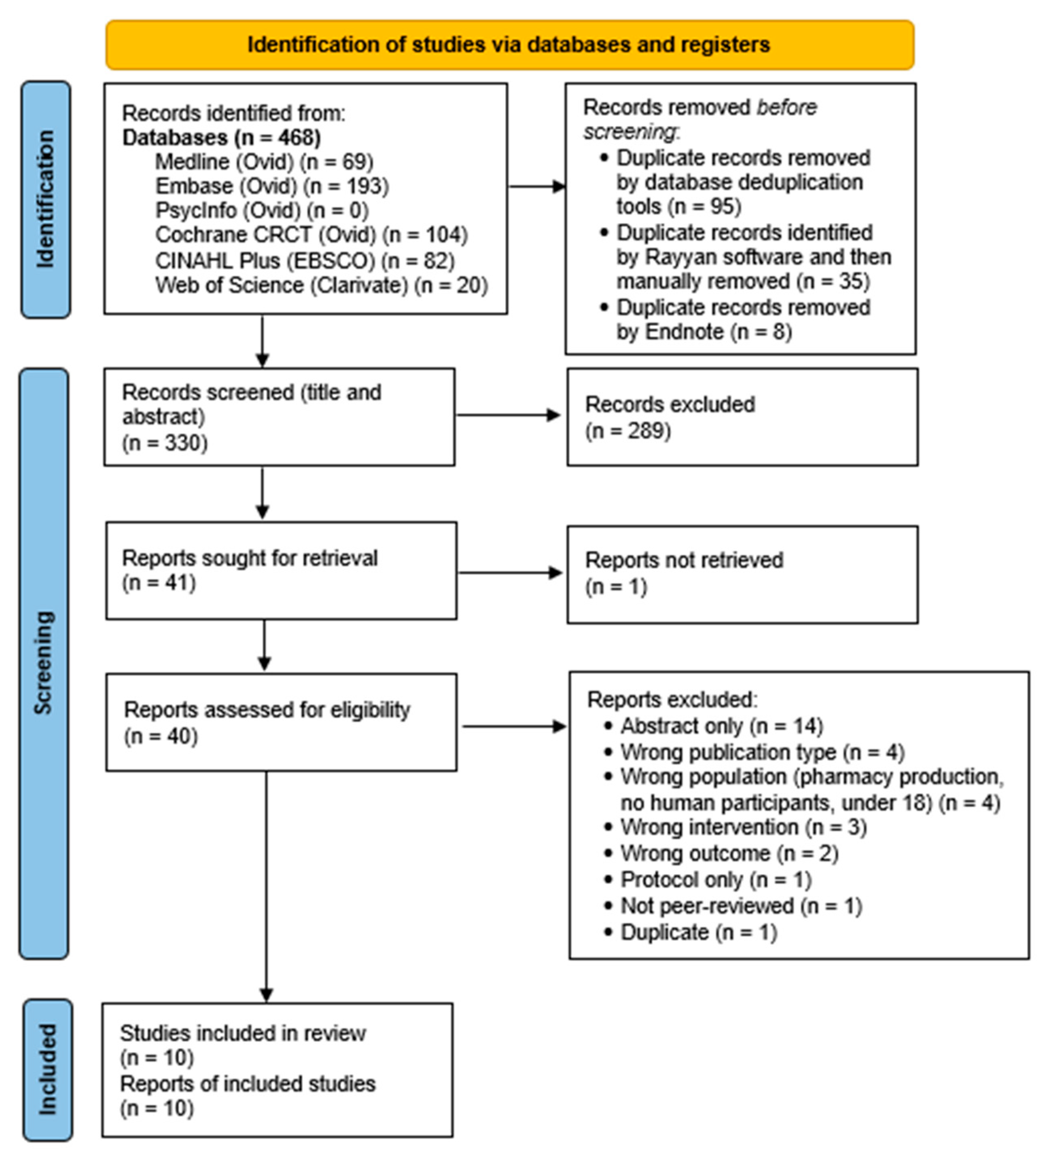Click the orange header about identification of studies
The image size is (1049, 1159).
coord(510,45)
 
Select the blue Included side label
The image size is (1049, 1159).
coord(48,1069)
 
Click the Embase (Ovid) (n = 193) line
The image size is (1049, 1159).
coord(272,186)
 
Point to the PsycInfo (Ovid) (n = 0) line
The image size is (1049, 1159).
coord(262,210)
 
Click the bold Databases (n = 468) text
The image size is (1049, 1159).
coord(221,138)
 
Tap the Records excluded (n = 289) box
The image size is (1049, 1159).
coord(742,417)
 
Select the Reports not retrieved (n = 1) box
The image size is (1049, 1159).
coord(742,574)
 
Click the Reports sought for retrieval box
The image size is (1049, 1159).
coord(281,570)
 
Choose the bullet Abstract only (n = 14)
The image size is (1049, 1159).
coord(721,726)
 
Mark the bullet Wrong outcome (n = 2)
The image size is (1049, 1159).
coord(729,853)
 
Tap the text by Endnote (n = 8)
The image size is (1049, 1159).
coord(704,332)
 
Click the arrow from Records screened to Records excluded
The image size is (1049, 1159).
coord(507,415)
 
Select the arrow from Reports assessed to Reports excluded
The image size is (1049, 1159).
coord(513,727)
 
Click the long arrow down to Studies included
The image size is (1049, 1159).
coord(266,885)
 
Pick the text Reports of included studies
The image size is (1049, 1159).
coord(247,1084)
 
